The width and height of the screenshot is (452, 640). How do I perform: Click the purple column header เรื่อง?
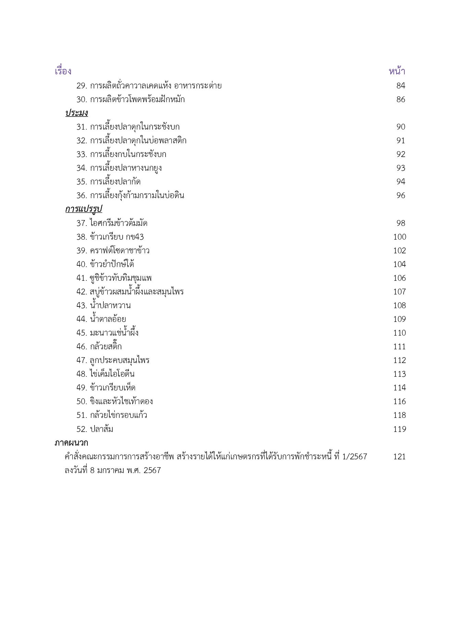click(x=63, y=71)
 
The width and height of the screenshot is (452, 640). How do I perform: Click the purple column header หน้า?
click(x=397, y=71)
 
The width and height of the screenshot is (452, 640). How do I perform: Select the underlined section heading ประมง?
click(x=76, y=113)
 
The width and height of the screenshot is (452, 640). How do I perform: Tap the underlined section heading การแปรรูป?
click(x=84, y=209)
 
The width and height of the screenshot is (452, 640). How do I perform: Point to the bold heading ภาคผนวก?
click(x=71, y=443)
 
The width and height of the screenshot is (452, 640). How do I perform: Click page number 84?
click(x=401, y=86)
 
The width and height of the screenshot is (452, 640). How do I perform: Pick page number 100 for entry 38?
click(x=400, y=237)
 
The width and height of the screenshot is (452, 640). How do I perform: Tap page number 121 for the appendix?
click(x=399, y=457)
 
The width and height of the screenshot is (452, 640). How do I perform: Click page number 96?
click(x=401, y=195)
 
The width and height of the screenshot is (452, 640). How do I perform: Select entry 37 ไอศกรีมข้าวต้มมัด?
click(x=112, y=223)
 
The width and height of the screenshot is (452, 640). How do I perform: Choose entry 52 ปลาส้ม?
click(x=95, y=429)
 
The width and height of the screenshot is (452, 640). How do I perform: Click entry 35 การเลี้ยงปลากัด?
click(x=108, y=182)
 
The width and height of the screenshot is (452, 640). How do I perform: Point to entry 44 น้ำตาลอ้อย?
click(x=101, y=319)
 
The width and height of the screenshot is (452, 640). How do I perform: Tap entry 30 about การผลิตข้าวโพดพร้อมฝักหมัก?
click(x=130, y=99)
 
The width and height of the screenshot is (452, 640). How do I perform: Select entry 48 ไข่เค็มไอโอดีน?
click(x=105, y=374)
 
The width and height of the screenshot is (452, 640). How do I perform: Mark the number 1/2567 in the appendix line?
click(x=355, y=457)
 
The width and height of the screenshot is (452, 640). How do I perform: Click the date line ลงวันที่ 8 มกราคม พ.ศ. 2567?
click(x=112, y=470)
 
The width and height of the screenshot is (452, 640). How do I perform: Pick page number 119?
click(x=400, y=429)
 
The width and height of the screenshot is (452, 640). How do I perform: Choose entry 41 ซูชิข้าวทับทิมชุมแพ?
click(x=114, y=278)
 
